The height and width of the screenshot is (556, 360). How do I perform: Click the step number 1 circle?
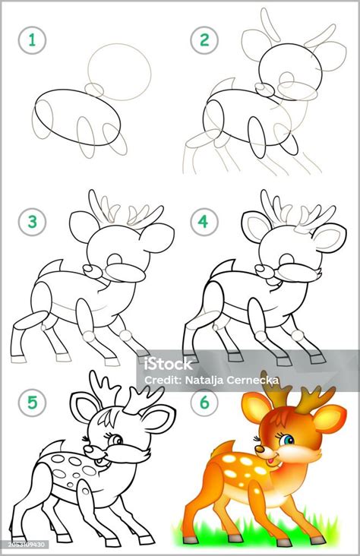[x=32, y=40]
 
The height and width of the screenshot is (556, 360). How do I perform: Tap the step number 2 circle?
[x=204, y=40]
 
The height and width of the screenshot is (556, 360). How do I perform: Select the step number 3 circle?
[x=32, y=222]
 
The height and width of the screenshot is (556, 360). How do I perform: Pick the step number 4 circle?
[x=204, y=222]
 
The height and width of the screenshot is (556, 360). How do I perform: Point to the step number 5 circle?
[x=32, y=403]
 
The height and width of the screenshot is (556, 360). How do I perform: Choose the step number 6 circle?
[x=204, y=403]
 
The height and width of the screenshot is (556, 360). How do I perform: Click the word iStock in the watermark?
[x=169, y=364]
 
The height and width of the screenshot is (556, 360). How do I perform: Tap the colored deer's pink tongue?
[x=270, y=460]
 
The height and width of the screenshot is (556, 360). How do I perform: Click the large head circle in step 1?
[x=119, y=72]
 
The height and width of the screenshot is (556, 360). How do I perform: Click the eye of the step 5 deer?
[x=116, y=440]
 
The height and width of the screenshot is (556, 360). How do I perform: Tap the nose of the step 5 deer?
[x=89, y=449]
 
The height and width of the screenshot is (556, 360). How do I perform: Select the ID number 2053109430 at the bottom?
[x=24, y=544]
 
